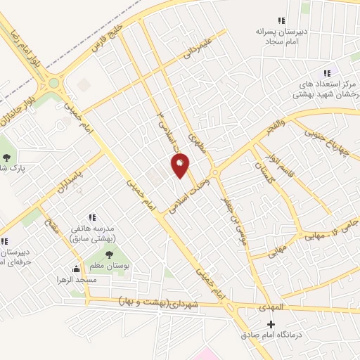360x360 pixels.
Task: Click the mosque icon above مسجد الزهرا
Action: pos(76,269)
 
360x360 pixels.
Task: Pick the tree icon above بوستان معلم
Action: pos(108,254)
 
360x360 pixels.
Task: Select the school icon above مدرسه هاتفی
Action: pos(92,217)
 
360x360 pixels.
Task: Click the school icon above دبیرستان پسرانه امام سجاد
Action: pos(282,20)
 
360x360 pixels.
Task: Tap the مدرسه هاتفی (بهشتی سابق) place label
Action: pos(92,234)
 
